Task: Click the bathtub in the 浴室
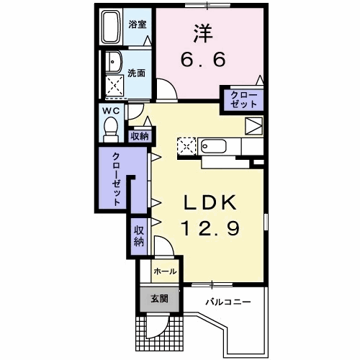point(111,27)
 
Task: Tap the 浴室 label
point(138,24)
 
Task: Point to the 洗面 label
point(136,73)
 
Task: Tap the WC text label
point(111,111)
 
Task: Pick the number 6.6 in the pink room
point(203,60)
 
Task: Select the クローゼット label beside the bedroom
point(243,99)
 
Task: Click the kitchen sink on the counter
point(214,145)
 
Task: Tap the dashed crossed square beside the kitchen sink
point(186,146)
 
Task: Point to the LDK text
point(210,202)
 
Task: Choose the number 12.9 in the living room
point(211,228)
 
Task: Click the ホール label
point(165,271)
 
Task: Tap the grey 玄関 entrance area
point(160,300)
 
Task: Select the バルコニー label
point(228,302)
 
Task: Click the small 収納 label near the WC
point(140,137)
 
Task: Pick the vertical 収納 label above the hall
point(139,236)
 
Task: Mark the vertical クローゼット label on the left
point(117,179)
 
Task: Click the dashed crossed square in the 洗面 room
point(114,85)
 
